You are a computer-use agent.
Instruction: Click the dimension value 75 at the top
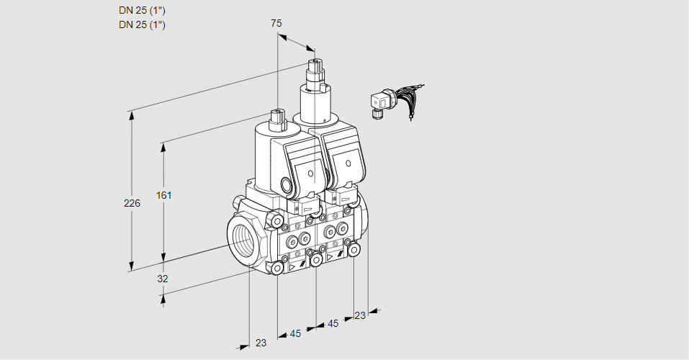click(x=276, y=23)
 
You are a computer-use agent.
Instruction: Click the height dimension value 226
click(x=132, y=204)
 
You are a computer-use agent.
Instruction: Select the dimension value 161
click(x=166, y=195)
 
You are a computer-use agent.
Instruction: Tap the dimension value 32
click(x=162, y=278)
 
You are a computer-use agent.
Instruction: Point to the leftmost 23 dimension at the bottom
click(x=261, y=343)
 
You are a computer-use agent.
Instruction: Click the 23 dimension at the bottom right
click(x=360, y=315)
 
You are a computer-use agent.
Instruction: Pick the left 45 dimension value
click(x=295, y=333)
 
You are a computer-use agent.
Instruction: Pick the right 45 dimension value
click(x=333, y=324)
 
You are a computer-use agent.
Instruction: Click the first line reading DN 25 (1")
click(x=142, y=11)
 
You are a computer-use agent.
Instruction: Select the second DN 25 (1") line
click(x=142, y=25)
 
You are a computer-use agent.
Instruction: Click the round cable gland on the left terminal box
click(x=289, y=185)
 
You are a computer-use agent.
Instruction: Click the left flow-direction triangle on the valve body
click(x=292, y=266)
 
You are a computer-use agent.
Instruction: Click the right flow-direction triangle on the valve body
click(x=330, y=256)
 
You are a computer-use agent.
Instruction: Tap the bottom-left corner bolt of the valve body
click(x=277, y=269)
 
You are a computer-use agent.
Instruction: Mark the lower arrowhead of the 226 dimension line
click(x=131, y=266)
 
